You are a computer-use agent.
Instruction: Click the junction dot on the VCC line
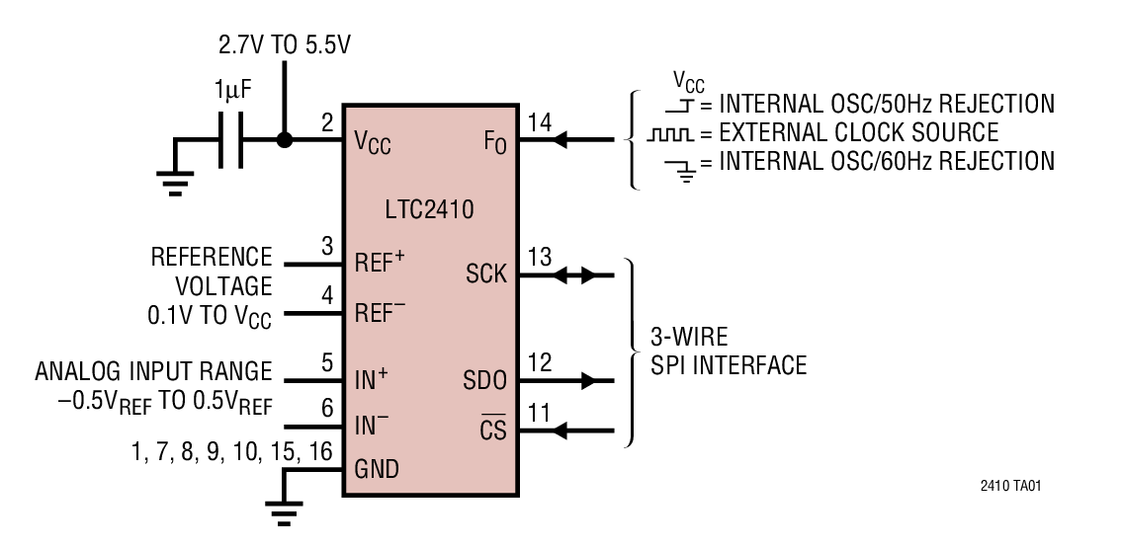[x=285, y=140]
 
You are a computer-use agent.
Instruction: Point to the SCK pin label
[x=484, y=274]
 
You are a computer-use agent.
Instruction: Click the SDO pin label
[x=484, y=379]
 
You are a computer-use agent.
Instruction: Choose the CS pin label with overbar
[x=491, y=431]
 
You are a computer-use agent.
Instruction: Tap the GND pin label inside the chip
[x=377, y=469]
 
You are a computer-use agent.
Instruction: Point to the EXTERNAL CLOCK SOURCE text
[x=858, y=131]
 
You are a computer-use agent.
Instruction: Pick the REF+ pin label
[x=381, y=262]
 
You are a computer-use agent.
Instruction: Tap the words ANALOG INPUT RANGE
[x=153, y=371]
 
